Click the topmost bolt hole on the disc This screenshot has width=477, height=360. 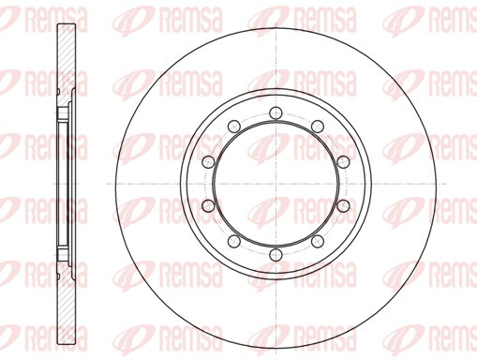coord(276,112)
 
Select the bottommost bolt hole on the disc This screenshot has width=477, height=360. coord(276,254)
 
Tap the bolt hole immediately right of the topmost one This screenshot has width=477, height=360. coord(318,127)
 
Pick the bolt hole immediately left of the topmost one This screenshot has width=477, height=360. coord(234,127)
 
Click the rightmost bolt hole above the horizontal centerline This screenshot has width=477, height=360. coord(343,161)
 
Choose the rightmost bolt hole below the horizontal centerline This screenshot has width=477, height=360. coord(343,205)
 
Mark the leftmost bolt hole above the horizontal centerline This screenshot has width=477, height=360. coord(208,161)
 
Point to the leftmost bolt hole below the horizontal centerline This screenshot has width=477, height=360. coord(208,205)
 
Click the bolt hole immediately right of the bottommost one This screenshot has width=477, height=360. coord(318,241)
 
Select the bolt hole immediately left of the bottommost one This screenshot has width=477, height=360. coord(234,241)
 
